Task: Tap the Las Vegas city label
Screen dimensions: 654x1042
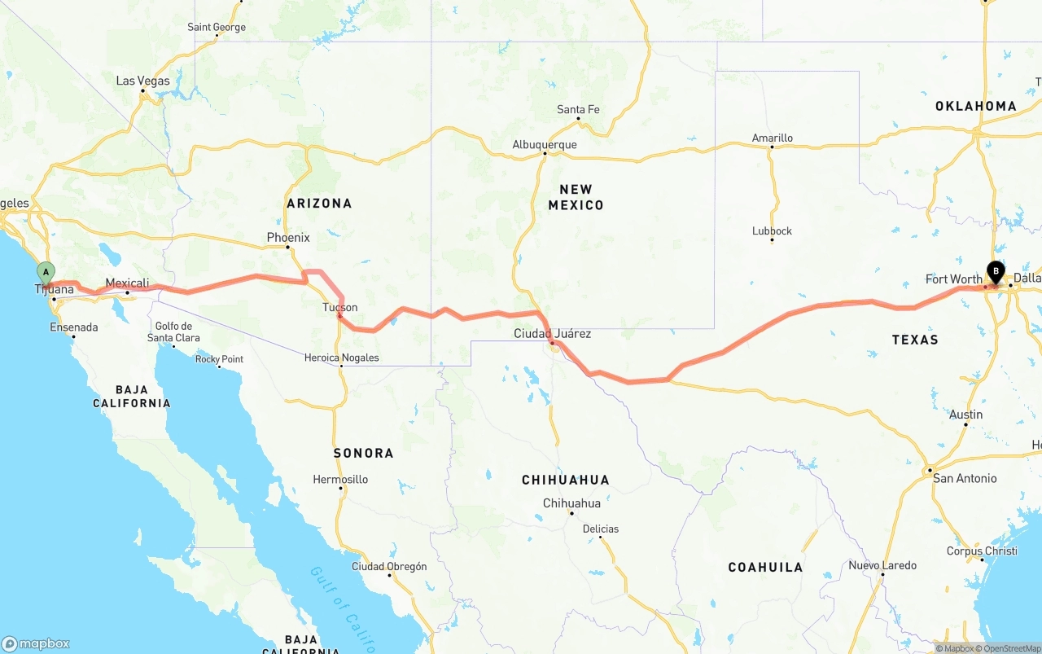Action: click(142, 81)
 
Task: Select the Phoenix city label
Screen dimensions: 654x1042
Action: click(288, 238)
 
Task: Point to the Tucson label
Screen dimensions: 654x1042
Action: click(339, 307)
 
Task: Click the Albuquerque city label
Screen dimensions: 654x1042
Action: click(544, 145)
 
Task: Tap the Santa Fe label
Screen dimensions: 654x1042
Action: click(578, 109)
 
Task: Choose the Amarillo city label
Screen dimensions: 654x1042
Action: click(772, 138)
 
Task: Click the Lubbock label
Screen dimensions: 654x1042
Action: click(772, 230)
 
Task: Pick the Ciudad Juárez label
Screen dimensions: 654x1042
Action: click(552, 333)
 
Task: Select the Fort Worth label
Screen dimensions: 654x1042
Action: click(953, 279)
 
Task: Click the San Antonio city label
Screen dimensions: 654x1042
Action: click(965, 478)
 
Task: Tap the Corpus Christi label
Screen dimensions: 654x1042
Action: click(982, 551)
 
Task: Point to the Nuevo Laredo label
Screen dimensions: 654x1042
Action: click(882, 565)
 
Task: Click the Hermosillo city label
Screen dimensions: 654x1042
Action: click(340, 479)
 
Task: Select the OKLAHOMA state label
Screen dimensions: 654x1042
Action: click(975, 106)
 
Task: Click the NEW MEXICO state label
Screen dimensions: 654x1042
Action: click(576, 197)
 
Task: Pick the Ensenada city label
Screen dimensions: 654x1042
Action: click(73, 327)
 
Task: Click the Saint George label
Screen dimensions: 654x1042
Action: click(216, 27)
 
